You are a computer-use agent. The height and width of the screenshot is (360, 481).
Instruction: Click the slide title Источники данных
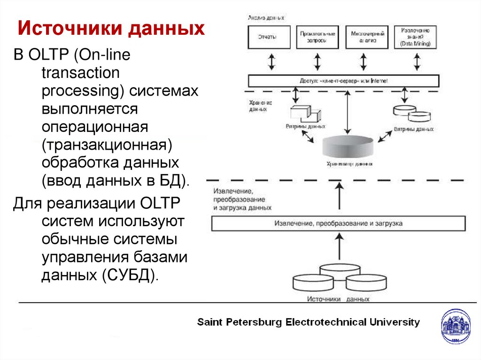click(111, 29)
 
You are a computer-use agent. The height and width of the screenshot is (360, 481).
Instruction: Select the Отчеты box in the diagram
click(267, 37)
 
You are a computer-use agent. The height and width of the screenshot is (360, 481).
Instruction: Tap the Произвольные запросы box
click(318, 37)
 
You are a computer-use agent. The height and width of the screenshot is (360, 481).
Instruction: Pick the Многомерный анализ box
click(368, 37)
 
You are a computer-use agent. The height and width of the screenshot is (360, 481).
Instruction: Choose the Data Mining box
click(415, 37)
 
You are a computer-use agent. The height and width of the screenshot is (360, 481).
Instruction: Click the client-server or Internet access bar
click(343, 81)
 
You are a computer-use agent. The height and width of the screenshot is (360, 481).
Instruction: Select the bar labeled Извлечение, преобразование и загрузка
click(338, 223)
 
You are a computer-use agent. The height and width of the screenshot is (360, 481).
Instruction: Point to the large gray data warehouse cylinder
click(348, 148)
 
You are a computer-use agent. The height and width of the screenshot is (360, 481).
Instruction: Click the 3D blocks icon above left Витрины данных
click(305, 114)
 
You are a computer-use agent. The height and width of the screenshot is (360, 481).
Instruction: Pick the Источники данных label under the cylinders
click(338, 299)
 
